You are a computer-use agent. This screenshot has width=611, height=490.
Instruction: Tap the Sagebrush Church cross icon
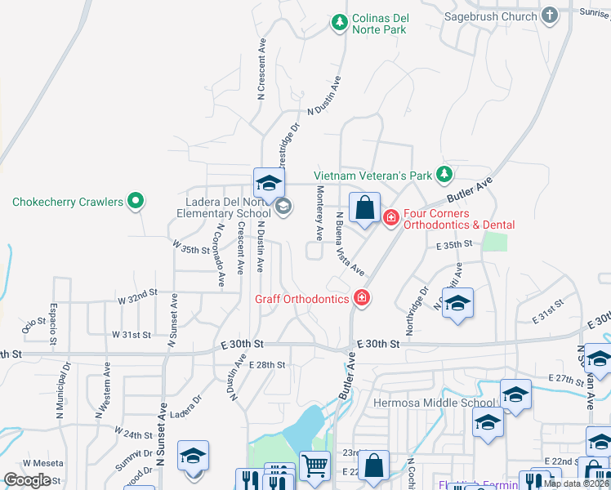point(550,16)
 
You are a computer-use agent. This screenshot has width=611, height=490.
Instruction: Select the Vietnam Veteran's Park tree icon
point(444,174)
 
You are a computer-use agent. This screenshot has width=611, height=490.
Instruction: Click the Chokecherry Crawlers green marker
point(136,201)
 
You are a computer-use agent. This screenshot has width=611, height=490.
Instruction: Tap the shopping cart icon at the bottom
point(314,466)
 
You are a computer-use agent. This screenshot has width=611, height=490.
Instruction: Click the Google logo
point(27,480)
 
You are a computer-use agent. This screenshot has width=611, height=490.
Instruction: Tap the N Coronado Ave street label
point(220,255)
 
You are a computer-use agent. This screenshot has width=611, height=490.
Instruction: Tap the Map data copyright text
point(577,483)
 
